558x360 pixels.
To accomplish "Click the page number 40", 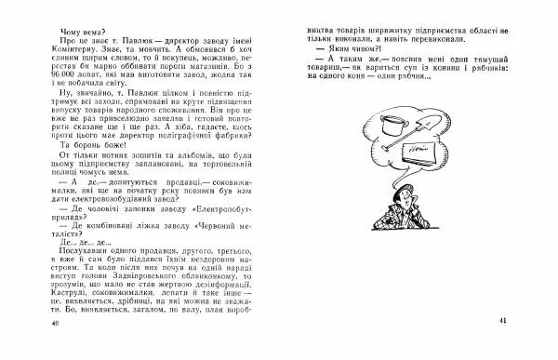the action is coord(55,322).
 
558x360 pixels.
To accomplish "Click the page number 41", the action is coord(502,321).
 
